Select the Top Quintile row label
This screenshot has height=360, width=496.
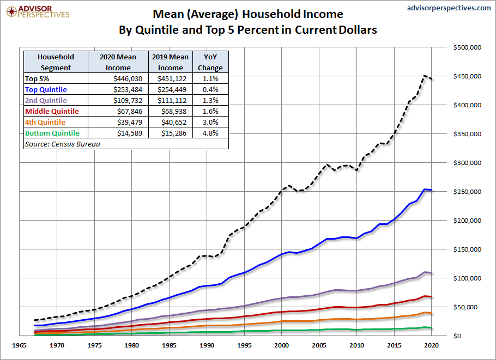(46, 89)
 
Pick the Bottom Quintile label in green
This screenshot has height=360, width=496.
(52, 133)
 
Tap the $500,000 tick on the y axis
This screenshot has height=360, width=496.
(467, 48)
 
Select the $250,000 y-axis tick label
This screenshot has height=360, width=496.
(467, 192)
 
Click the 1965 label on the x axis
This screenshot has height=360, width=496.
(21, 345)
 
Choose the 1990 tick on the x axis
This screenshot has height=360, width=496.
(207, 345)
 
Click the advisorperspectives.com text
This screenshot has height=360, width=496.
(449, 8)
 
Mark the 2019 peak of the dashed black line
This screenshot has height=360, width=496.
(425, 76)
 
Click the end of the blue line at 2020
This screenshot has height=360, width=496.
(432, 190)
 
